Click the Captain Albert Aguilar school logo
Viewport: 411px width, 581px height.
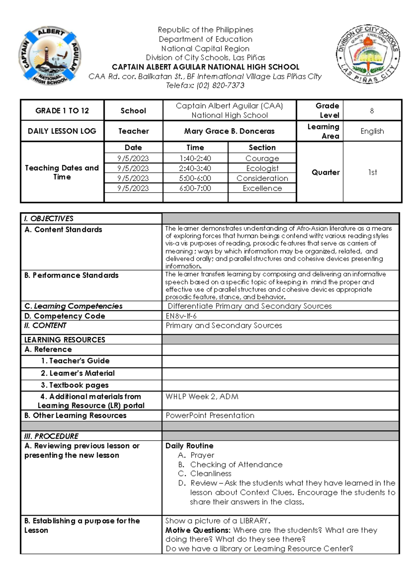(x=50, y=56)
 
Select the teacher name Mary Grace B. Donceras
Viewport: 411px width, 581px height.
(x=229, y=131)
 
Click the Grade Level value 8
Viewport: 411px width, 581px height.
(x=372, y=111)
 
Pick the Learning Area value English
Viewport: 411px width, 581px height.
(x=372, y=131)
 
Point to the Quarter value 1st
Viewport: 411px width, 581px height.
(x=372, y=172)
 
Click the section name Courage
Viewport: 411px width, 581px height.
(x=262, y=158)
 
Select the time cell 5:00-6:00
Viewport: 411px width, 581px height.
(x=195, y=178)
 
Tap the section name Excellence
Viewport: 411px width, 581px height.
(x=262, y=188)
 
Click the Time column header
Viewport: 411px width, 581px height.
(x=195, y=148)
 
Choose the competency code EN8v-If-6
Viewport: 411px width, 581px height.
(x=181, y=316)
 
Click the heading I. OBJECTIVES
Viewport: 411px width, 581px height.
(x=49, y=219)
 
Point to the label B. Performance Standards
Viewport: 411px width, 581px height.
(x=71, y=275)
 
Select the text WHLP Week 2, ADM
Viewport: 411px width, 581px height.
(x=202, y=396)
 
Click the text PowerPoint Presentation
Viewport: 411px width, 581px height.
(x=210, y=415)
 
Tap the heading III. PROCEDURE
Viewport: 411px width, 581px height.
(x=51, y=436)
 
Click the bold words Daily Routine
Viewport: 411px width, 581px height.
(x=189, y=446)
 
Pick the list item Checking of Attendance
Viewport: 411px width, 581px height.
(x=236, y=465)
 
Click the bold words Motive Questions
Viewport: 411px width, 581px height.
(x=198, y=530)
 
